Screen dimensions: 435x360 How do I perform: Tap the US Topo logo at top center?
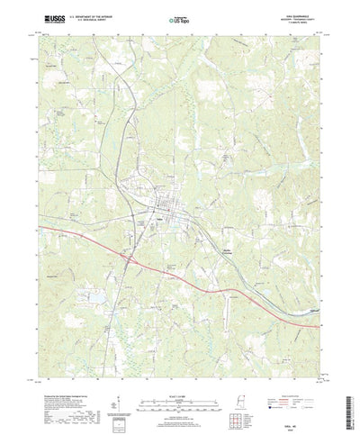click(x=179, y=18)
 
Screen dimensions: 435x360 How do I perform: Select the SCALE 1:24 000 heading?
click(x=179, y=393)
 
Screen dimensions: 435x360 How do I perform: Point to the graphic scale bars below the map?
click(x=179, y=403)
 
